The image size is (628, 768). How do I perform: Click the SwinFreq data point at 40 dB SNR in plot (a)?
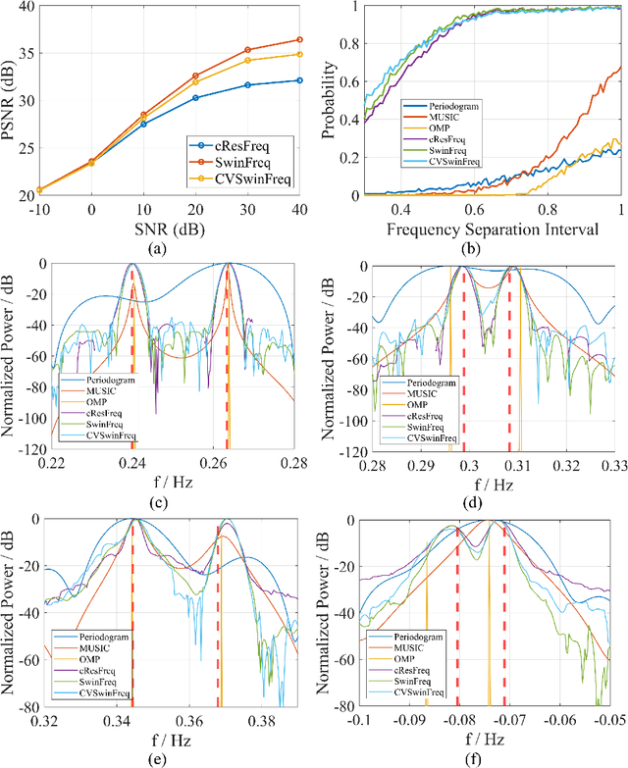tap(299, 40)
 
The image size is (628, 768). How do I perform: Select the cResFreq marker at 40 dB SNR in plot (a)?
tap(299, 80)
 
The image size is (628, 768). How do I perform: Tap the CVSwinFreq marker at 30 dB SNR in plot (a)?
tap(248, 61)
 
